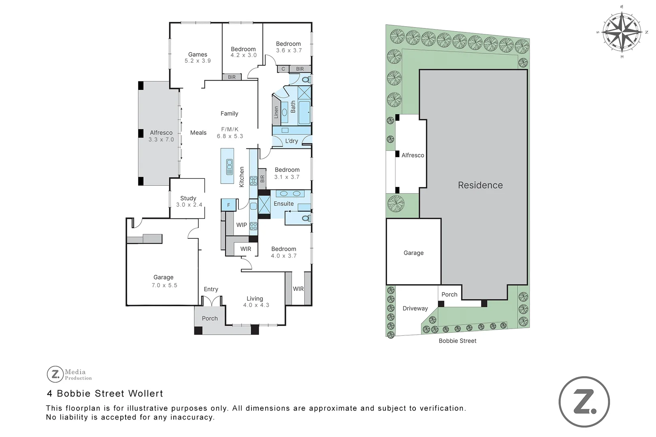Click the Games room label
pos(198,54)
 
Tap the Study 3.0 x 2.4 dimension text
pos(189,205)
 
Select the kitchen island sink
pos(230,167)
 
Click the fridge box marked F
pos(228,205)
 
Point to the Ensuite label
pos(283,204)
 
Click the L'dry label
pos(291,141)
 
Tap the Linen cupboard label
pos(276,112)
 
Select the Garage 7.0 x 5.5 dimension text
pos(164,285)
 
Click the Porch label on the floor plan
pos(210,318)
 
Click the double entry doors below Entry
pos(211,301)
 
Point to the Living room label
pos(255,299)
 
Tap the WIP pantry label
pos(241,225)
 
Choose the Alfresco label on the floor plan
pos(161,133)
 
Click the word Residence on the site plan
pos(480,185)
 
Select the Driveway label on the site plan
pos(415,308)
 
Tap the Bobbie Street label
pos(457,341)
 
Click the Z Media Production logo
pos(69,374)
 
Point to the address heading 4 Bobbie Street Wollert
pos(105,393)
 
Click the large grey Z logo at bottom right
pos(584,402)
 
